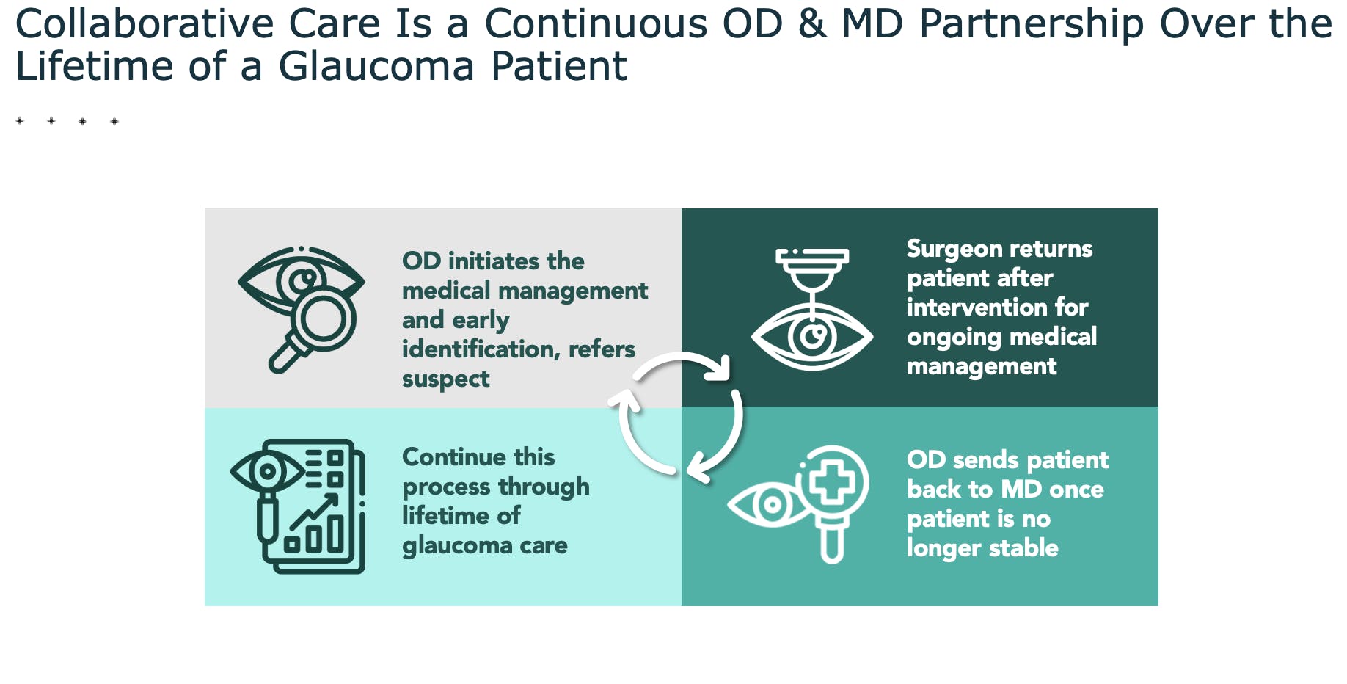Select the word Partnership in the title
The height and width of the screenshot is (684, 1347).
1032,23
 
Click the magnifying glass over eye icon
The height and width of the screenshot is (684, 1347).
302,309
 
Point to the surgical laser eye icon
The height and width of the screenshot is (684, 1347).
812,309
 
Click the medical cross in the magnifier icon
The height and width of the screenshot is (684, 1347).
831,481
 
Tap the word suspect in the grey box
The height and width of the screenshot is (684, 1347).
445,379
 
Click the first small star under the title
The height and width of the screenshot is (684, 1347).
20,121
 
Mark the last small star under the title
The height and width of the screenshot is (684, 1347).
114,122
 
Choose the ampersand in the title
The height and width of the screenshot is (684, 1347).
812,23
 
